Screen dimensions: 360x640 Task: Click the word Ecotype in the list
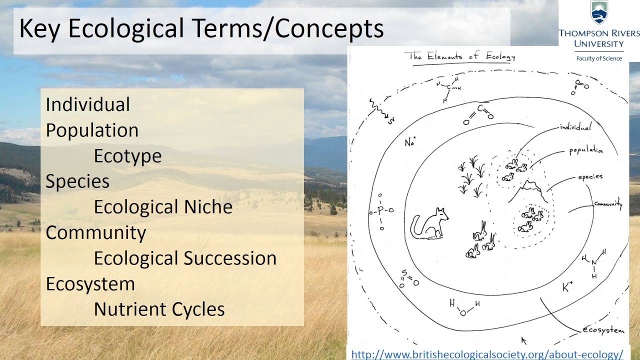(x=127, y=156)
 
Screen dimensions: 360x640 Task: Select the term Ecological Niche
(x=163, y=207)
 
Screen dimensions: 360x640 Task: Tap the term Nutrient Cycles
(x=159, y=309)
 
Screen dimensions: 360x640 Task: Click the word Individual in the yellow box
(x=87, y=104)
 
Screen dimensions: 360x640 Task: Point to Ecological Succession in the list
(x=185, y=258)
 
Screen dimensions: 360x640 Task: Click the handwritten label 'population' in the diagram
(x=586, y=150)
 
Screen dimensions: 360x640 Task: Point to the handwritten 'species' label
(x=590, y=177)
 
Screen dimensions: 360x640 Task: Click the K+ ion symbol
(x=567, y=287)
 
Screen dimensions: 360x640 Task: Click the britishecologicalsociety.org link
(x=487, y=354)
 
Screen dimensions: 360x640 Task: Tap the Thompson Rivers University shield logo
(x=599, y=13)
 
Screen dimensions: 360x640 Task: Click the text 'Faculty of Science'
(x=599, y=58)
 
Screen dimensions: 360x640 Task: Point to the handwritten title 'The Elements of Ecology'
(x=462, y=56)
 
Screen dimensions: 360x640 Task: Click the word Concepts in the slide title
(x=329, y=29)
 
